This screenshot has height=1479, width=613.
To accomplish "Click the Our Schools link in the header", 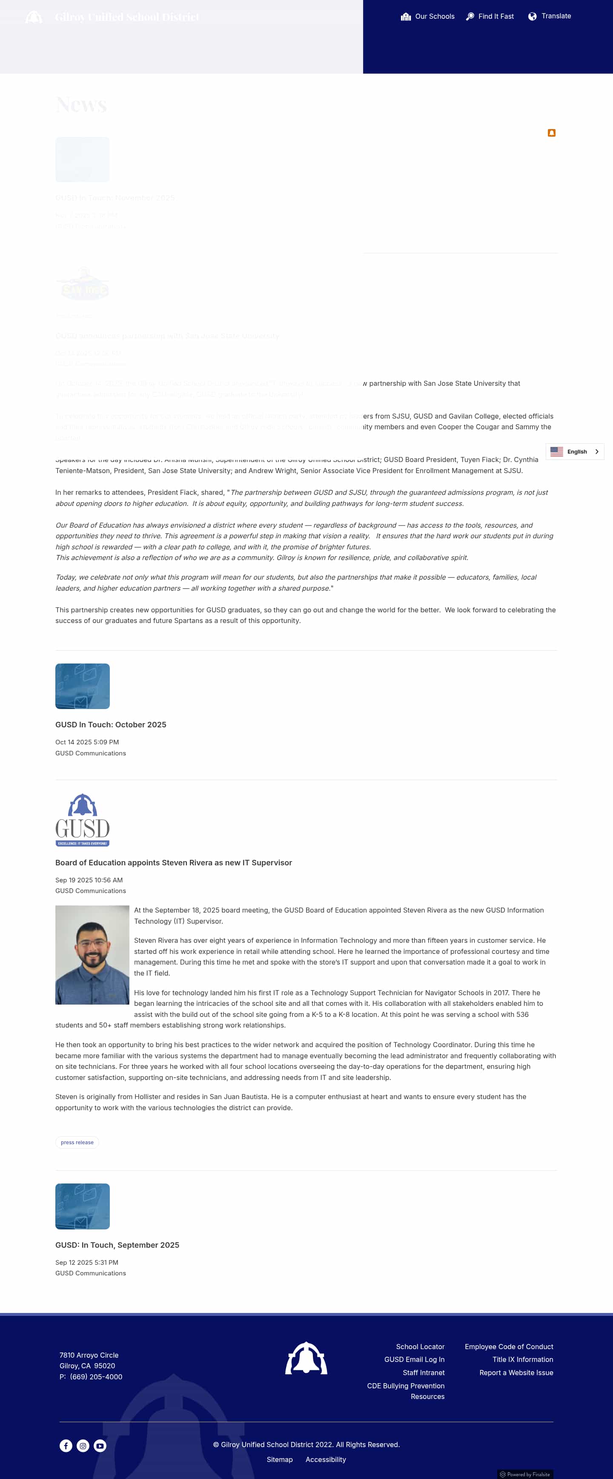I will [428, 17].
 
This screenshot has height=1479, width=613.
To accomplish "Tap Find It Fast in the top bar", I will [490, 17].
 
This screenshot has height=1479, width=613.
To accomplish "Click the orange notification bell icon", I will [551, 132].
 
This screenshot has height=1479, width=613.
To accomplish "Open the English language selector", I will [575, 452].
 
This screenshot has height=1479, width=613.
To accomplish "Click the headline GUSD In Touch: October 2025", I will [111, 724].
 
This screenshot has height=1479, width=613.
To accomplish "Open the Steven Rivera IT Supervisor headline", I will [173, 862].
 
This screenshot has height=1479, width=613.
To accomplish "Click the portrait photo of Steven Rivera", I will [92, 955].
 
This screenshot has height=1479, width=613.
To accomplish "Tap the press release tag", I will [77, 1142].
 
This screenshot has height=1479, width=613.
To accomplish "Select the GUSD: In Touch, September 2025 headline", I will [117, 1245].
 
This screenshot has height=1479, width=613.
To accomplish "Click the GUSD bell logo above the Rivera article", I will [83, 820].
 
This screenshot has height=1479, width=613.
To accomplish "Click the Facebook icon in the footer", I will [66, 1446].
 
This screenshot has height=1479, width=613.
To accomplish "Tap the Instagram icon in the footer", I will [83, 1446].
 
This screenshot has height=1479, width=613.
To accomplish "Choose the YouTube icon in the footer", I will [100, 1446].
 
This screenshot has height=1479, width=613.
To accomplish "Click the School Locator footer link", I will [420, 1347].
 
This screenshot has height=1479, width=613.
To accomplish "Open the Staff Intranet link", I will [424, 1372].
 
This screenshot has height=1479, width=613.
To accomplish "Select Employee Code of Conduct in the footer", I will [509, 1347].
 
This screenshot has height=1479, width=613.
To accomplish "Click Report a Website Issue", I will [516, 1372].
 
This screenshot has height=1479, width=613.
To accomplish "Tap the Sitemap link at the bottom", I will [280, 1459].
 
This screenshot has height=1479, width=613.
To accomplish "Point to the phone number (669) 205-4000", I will [96, 1376].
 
